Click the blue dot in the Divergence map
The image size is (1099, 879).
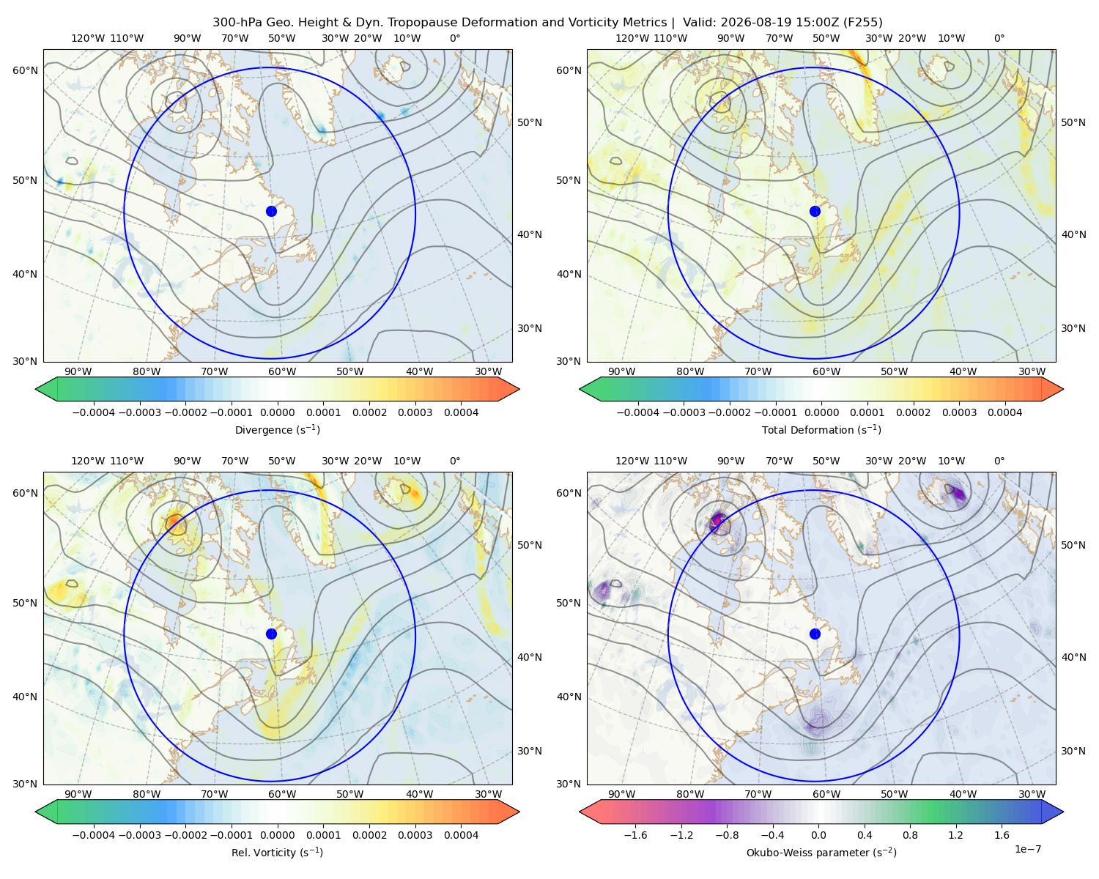(271, 212)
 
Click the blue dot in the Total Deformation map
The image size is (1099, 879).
(815, 212)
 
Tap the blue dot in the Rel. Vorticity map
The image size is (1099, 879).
(271, 634)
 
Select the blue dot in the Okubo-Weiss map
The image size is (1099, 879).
(815, 634)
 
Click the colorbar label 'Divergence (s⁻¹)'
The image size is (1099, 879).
(277, 429)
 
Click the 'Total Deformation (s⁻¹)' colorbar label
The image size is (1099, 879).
(821, 429)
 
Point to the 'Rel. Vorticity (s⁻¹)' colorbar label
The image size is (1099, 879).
(277, 853)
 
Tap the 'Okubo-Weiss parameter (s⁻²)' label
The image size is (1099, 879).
(821, 853)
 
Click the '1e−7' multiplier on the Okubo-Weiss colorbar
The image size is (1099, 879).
(1027, 849)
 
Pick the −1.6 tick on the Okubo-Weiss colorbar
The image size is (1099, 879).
(635, 835)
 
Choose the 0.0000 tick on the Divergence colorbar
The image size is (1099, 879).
(277, 412)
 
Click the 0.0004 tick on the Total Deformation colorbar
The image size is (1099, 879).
(1005, 412)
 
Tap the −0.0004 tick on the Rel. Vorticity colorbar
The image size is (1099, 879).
(94, 835)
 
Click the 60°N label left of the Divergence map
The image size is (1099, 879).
(25, 70)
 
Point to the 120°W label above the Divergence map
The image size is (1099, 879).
(88, 38)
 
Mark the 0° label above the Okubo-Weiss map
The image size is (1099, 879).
(999, 461)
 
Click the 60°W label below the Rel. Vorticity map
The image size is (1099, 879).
(282, 794)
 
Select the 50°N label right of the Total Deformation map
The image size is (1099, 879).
(1073, 122)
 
